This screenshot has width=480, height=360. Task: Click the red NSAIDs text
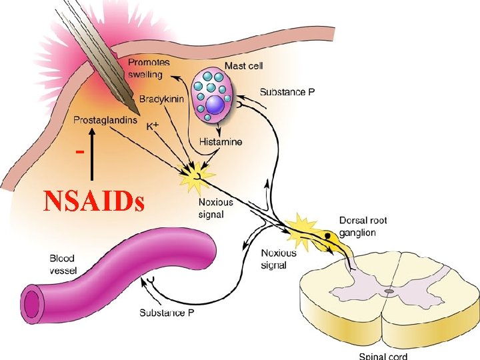[93, 201]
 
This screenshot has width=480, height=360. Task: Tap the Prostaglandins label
[105, 120]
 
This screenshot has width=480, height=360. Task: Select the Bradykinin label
[162, 99]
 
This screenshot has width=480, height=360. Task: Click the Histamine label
[221, 142]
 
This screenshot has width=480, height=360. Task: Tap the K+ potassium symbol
[153, 125]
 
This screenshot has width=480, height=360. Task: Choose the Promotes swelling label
[149, 69]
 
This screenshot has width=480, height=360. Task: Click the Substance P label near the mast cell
[287, 92]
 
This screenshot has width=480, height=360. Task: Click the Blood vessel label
[64, 264]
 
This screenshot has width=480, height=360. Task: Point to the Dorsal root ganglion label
[363, 226]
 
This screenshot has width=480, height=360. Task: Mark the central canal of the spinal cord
[389, 291]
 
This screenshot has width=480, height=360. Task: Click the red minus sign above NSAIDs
[79, 151]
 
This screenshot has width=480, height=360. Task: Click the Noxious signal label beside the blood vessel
[278, 259]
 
